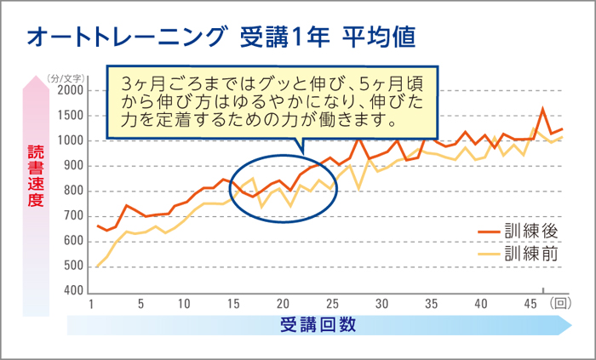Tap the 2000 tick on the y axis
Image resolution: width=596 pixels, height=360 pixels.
(x=70, y=91)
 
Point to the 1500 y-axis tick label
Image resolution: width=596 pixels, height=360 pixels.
(x=70, y=116)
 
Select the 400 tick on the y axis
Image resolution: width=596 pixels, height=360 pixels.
(x=72, y=291)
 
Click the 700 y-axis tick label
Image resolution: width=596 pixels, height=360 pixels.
(x=72, y=216)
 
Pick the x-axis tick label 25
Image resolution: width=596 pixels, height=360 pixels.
(x=333, y=304)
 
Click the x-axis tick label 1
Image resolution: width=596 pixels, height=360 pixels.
(x=90, y=304)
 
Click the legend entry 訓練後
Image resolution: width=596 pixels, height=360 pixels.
(x=530, y=231)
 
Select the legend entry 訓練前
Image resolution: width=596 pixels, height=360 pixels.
(x=530, y=253)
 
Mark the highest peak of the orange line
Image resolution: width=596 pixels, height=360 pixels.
(x=543, y=108)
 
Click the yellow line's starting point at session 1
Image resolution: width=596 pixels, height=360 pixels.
(x=96, y=266)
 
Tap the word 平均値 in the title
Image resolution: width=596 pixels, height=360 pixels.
(x=380, y=38)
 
